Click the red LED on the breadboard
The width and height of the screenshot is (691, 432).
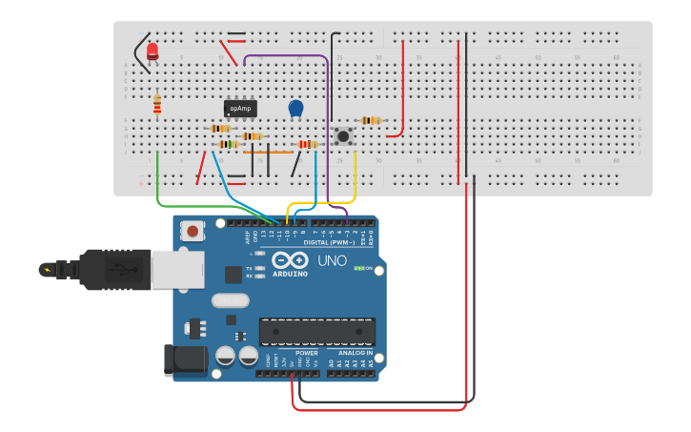[152, 51]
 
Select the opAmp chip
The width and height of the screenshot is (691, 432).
[240, 109]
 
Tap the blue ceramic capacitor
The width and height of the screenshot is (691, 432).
[295, 110]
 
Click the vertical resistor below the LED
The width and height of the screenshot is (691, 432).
[157, 103]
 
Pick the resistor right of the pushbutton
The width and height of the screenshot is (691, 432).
[371, 120]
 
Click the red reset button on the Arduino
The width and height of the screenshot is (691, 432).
[193, 230]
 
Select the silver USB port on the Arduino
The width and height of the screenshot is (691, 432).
[181, 269]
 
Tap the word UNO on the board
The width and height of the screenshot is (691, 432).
[332, 260]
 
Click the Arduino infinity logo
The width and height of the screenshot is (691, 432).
[290, 260]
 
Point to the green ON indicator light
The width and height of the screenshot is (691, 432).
[358, 268]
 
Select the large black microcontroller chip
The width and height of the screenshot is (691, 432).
[316, 332]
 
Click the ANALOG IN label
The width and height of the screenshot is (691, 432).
[356, 353]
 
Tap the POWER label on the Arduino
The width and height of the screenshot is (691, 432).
[306, 353]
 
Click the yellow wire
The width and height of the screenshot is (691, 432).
[356, 181]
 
